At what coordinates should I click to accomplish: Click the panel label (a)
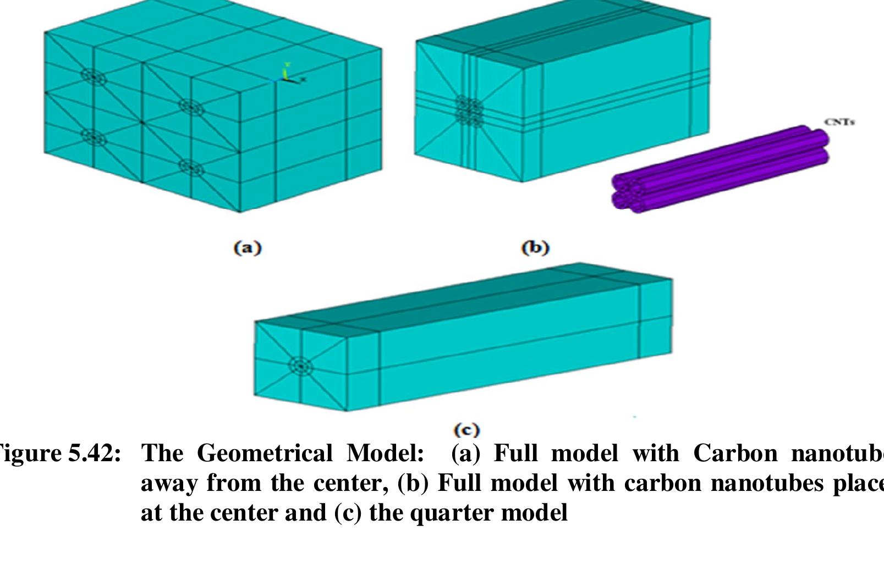(248, 248)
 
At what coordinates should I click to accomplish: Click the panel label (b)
(535, 248)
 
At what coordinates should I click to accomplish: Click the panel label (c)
(466, 429)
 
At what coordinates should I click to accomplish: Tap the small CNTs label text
(839, 122)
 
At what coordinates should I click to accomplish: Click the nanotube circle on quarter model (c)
(300, 366)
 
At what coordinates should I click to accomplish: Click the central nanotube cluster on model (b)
(469, 110)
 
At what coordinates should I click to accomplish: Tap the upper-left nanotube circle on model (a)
(94, 76)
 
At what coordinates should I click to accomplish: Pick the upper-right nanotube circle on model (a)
(191, 107)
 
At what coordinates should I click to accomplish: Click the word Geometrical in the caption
(265, 454)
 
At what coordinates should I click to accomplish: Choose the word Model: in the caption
(385, 454)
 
